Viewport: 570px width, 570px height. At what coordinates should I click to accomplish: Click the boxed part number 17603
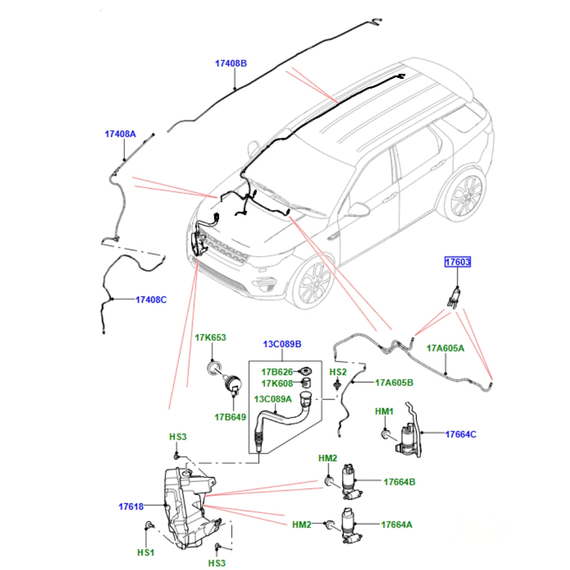pyautogui.click(x=458, y=262)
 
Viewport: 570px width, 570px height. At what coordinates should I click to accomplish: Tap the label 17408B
pyautogui.click(x=231, y=63)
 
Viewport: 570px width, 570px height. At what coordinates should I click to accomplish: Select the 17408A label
pyautogui.click(x=120, y=134)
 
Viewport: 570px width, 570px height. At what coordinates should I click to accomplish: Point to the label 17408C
pyautogui.click(x=151, y=300)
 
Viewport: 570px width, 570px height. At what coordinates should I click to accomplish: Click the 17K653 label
pyautogui.click(x=210, y=337)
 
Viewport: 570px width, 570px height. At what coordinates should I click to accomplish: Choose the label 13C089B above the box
pyautogui.click(x=283, y=344)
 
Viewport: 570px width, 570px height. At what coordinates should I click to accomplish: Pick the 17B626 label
pyautogui.click(x=277, y=372)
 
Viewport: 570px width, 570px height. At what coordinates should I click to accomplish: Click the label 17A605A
pyautogui.click(x=445, y=348)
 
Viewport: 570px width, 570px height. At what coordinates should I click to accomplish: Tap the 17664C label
pyautogui.click(x=461, y=434)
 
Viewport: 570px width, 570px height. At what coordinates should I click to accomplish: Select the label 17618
pyautogui.click(x=131, y=506)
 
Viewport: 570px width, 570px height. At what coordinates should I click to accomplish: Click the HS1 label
pyautogui.click(x=146, y=552)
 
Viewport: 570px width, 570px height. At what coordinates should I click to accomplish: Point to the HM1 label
pyautogui.click(x=384, y=412)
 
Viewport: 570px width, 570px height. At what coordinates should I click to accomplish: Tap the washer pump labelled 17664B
pyautogui.click(x=350, y=482)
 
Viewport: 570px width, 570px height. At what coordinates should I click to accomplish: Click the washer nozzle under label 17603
pyautogui.click(x=454, y=298)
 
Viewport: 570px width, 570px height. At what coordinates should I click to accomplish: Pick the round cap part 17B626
pyautogui.click(x=305, y=372)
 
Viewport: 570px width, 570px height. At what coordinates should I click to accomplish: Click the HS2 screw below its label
pyautogui.click(x=337, y=385)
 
